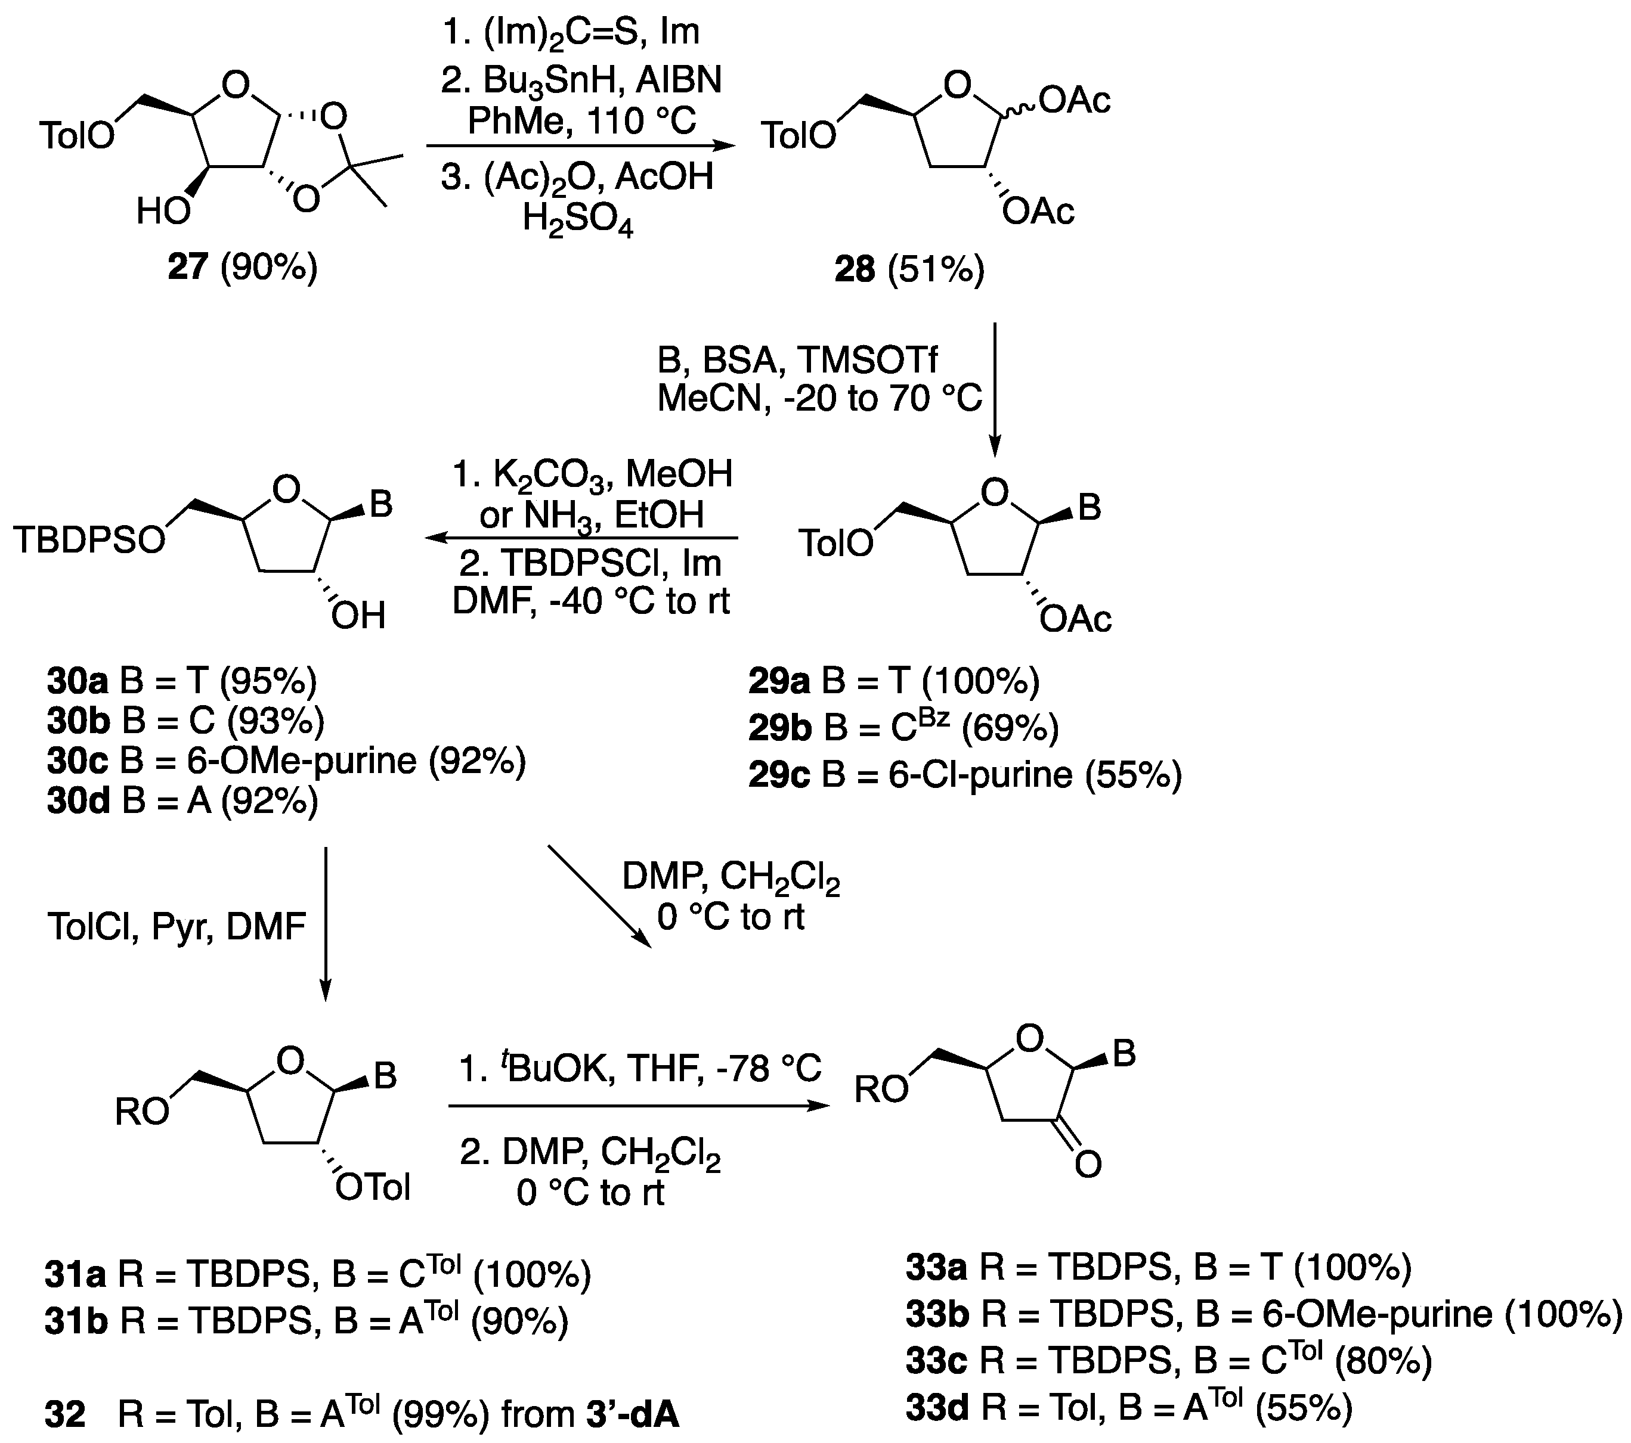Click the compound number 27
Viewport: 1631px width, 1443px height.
pyautogui.click(x=187, y=268)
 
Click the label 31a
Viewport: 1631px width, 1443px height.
pyautogui.click(x=76, y=1276)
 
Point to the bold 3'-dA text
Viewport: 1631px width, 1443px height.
pyautogui.click(x=633, y=1414)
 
